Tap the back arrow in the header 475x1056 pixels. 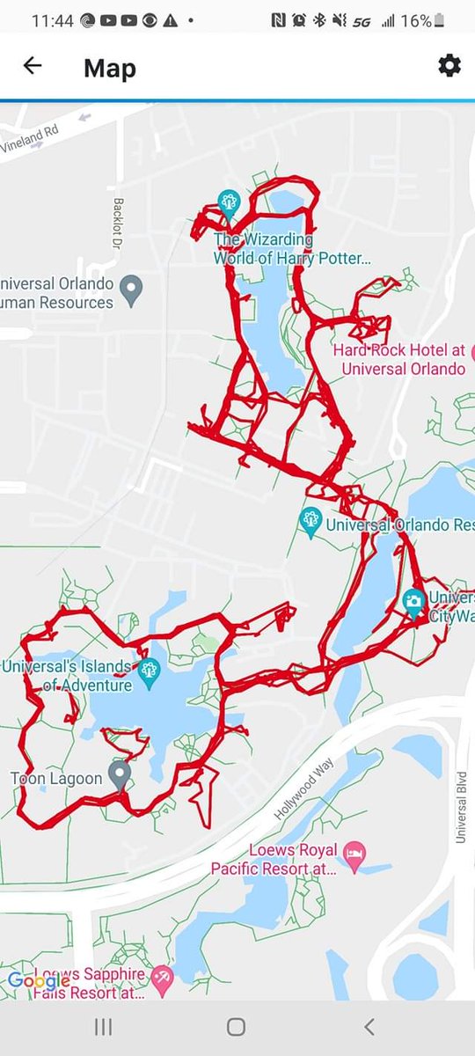(x=33, y=66)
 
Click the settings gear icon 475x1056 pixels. (x=449, y=66)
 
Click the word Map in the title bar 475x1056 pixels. (x=110, y=68)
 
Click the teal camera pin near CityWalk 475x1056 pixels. (x=413, y=601)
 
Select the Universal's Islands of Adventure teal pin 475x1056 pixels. (x=149, y=670)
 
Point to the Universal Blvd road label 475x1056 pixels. (x=460, y=809)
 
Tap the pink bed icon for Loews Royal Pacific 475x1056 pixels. (x=354, y=853)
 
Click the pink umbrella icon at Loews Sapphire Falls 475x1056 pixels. (x=163, y=975)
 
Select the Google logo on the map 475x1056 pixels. (x=38, y=981)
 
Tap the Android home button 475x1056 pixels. (x=236, y=1026)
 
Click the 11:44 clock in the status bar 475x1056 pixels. (x=51, y=20)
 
